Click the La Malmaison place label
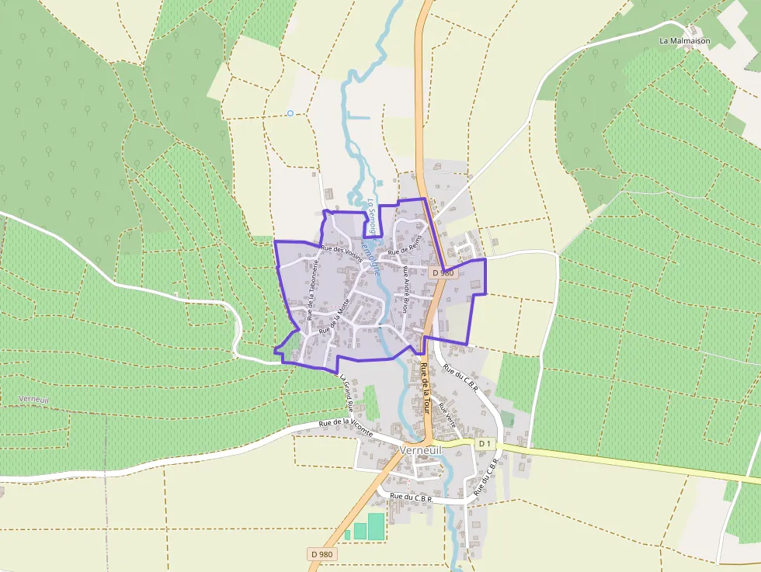coord(686,40)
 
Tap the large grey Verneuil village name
coord(420,451)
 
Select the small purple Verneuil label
coord(33,399)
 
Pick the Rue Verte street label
coord(447,414)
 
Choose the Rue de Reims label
coord(404,245)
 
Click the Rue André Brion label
coord(405,291)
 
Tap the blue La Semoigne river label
coord(374,219)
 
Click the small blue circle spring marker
coord(290,113)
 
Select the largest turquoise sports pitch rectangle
coord(376,525)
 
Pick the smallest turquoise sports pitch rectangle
coord(347,535)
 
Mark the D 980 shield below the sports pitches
coord(321,554)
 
